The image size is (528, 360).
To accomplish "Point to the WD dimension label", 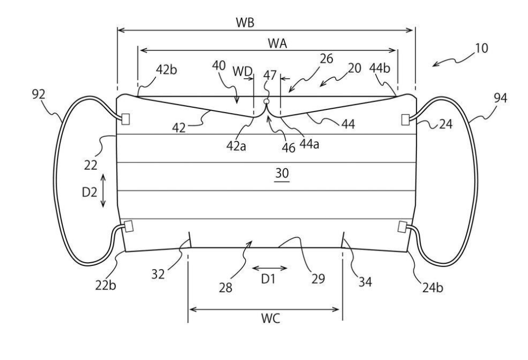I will coord(243,71).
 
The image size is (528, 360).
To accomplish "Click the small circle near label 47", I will coord(267,101).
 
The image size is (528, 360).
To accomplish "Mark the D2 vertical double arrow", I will coord(103,191).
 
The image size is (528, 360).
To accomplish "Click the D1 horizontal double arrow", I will coord(270,267).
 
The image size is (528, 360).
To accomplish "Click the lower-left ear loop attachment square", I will coord(127,227).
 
